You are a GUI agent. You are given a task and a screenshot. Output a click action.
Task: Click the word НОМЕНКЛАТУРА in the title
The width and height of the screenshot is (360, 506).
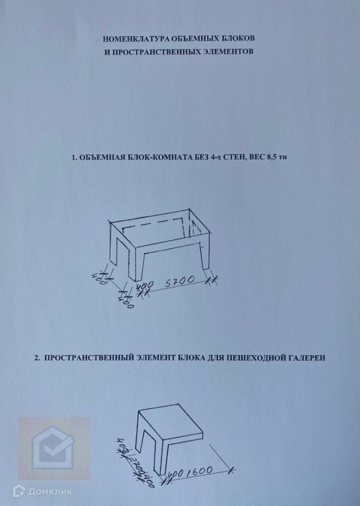tap(136, 39)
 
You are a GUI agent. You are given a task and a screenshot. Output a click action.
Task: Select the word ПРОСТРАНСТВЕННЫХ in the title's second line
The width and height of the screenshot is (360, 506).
tap(156, 52)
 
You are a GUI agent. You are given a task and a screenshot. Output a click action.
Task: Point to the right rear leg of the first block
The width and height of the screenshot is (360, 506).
tap(206, 256)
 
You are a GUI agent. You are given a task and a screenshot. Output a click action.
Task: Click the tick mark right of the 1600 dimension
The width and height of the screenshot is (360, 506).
tap(231, 471)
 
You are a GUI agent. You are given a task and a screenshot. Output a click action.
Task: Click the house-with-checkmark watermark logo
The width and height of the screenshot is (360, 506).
tap(53, 448)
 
